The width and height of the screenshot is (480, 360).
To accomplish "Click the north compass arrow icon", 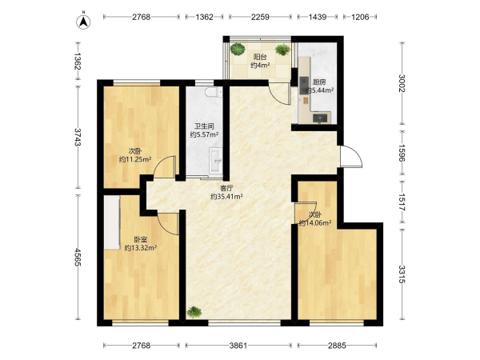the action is coord(83,22).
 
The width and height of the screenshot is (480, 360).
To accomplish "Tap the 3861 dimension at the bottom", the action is coord(238,346).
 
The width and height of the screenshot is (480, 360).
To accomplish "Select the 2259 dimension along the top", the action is coord(260,17).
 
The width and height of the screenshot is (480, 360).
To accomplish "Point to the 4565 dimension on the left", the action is coord(78,257).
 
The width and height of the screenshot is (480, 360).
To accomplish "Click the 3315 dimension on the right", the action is coord(402,274).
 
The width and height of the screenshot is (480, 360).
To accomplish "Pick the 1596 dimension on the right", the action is coord(402,153).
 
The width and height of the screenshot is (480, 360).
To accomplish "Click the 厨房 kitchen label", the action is coord(319,82).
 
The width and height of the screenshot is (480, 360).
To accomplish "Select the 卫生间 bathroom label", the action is coord(204,126).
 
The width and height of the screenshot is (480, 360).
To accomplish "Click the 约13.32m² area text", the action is coord(141,248).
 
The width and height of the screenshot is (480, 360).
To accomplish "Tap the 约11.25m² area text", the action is coord(135,159).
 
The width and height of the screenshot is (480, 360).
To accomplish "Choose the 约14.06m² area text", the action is coord(315,223).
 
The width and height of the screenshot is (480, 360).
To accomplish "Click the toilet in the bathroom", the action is coord(214,91).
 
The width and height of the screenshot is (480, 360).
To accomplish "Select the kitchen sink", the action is coord(321,118).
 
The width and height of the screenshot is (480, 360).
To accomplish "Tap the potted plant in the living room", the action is coord(194,312).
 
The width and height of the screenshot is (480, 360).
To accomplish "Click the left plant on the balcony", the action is coord(238,49).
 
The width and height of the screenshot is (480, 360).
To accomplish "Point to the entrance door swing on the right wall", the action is coord(351,157).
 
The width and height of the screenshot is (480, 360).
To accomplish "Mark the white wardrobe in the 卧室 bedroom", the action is coord(112,222).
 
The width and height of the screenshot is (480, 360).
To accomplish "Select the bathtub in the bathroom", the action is coord(217,161).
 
